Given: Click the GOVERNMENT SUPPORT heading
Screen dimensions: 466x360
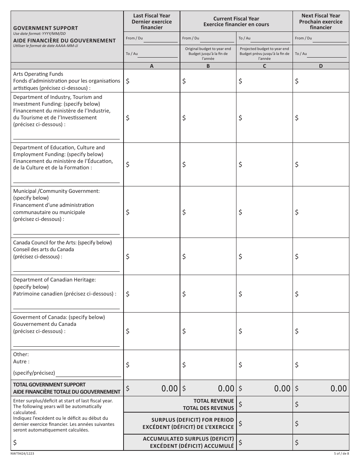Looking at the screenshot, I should [45, 28].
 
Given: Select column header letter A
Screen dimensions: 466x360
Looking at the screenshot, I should [152, 66].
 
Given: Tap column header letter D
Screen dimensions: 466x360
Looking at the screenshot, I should [321, 66].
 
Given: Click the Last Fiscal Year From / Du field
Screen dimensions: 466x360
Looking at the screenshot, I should [160, 38].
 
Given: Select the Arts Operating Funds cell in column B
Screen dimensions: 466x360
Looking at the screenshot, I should [208, 81].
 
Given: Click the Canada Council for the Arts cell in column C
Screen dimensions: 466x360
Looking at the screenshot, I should [264, 256].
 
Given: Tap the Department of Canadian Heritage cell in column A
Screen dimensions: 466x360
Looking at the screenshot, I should [152, 294].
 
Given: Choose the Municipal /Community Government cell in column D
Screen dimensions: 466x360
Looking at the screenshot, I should [321, 212].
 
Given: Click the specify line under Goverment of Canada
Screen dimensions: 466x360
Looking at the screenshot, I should [66, 346].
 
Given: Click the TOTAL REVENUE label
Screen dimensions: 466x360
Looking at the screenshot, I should [214, 401].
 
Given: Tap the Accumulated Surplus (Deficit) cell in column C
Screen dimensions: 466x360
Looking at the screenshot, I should [264, 442].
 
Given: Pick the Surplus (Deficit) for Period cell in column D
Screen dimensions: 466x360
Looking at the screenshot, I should [321, 423].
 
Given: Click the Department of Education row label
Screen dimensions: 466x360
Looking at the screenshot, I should [63, 158].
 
